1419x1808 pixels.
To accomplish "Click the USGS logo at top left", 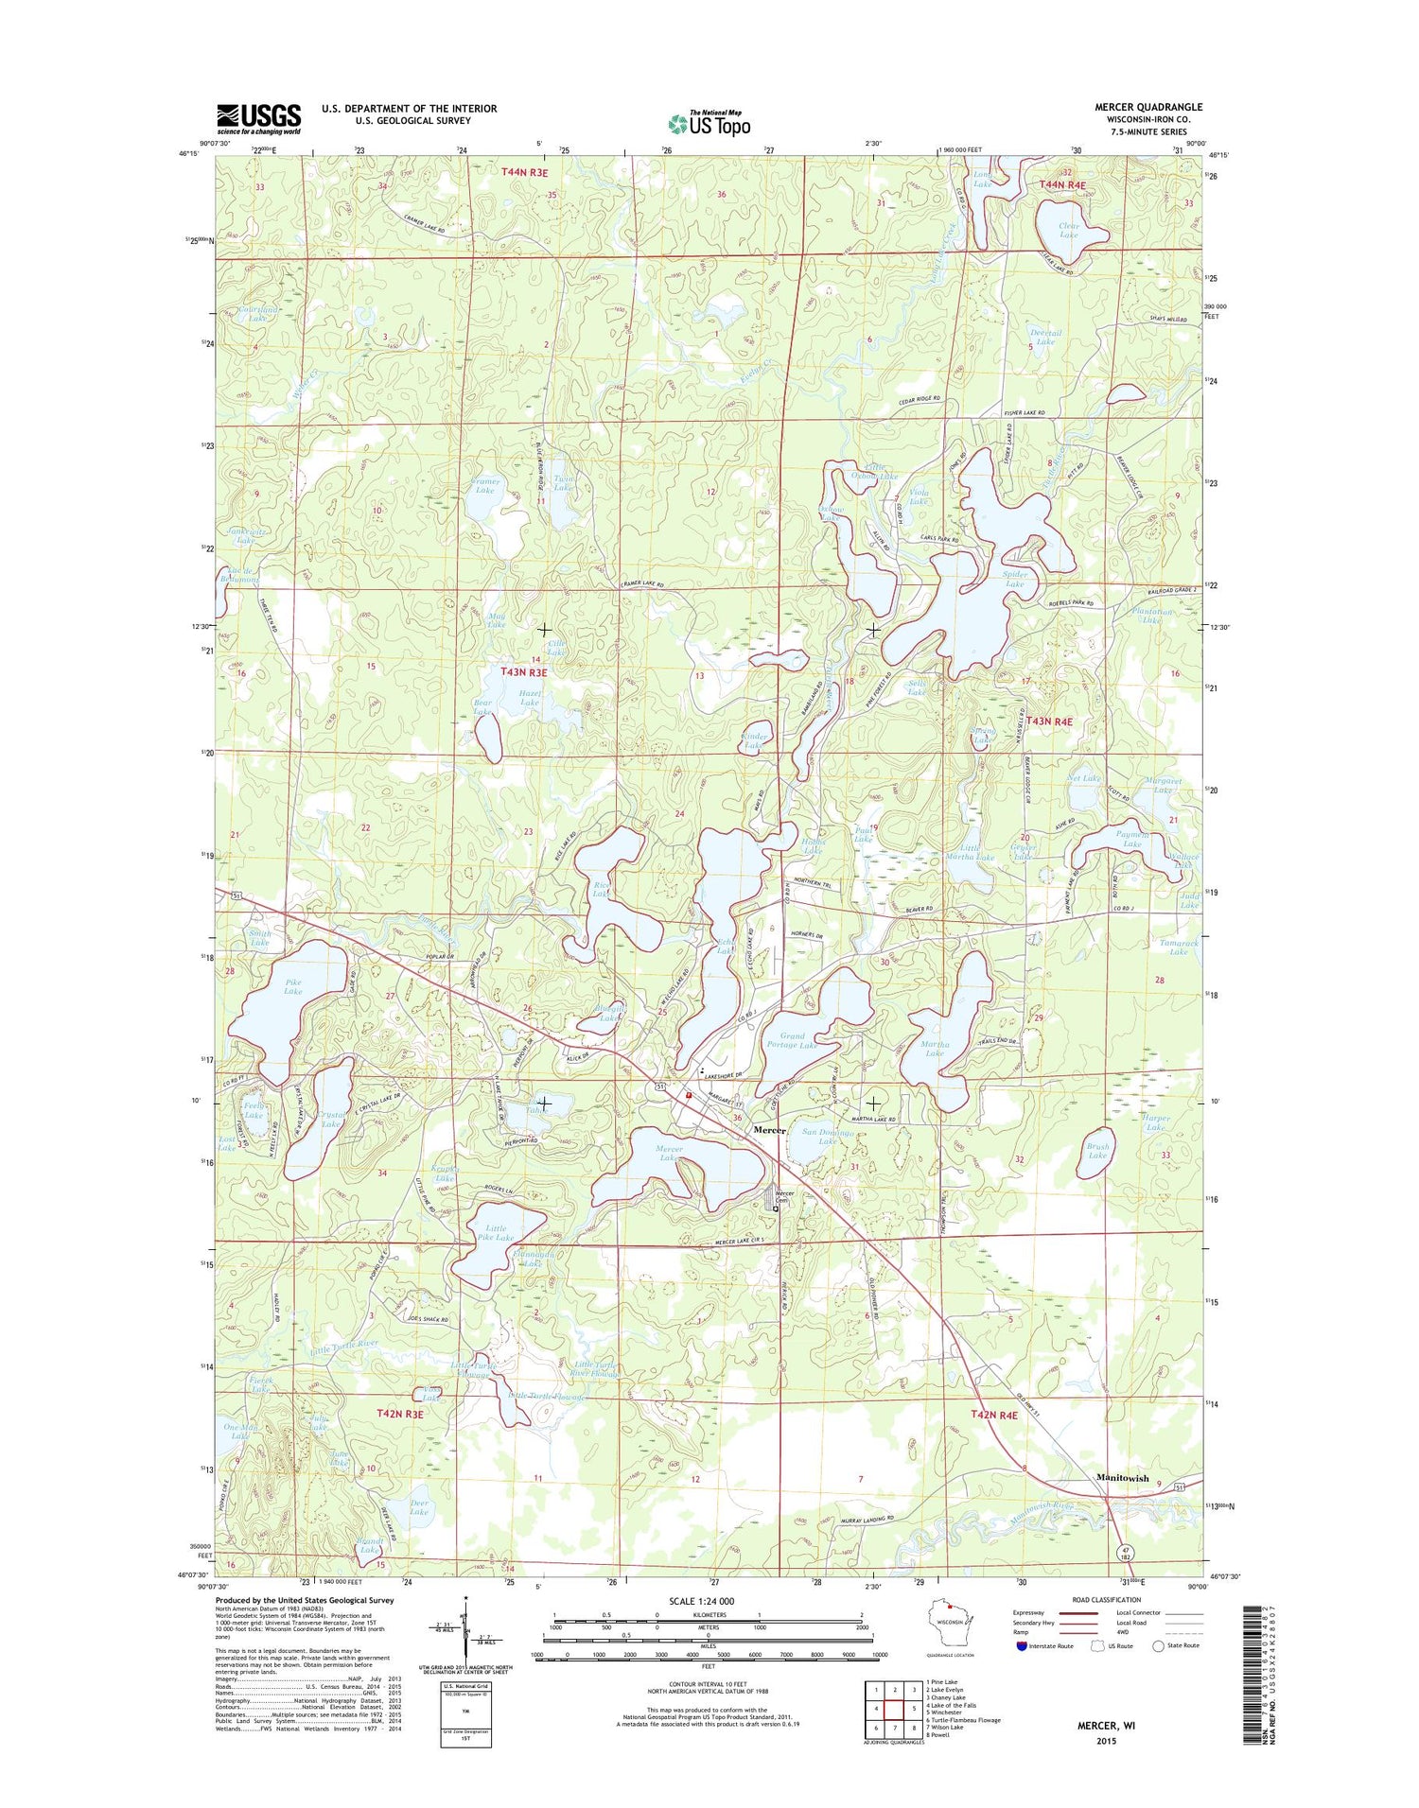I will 259,119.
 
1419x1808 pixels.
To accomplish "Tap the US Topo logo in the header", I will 709,124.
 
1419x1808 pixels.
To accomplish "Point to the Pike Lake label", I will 293,986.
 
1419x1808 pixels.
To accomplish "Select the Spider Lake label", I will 1014,579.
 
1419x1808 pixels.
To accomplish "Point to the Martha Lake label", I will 934,1048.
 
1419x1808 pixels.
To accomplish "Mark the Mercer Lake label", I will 668,1154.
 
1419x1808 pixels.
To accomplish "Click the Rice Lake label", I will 600,889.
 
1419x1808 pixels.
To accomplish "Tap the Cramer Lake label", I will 484,485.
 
